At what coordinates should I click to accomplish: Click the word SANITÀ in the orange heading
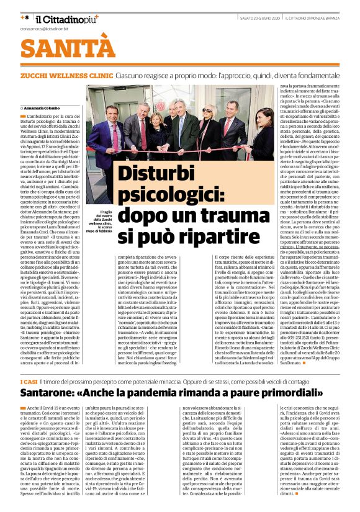coord(60,48)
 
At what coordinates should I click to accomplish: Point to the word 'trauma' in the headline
coord(227,218)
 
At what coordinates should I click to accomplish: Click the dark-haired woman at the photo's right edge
coord(261,137)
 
